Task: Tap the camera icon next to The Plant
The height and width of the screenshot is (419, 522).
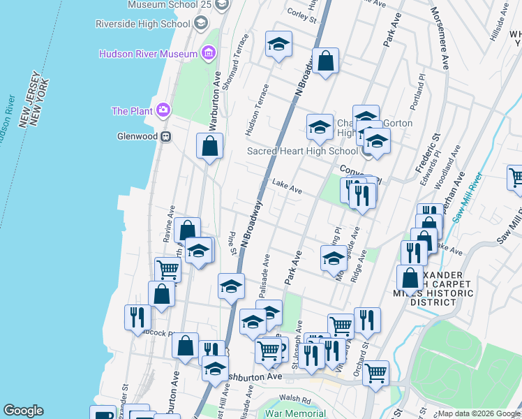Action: point(163,110)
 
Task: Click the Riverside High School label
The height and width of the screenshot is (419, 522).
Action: point(143,24)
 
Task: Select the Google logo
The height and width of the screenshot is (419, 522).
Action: point(24,411)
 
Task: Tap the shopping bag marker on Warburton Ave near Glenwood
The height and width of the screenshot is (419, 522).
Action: point(209,147)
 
